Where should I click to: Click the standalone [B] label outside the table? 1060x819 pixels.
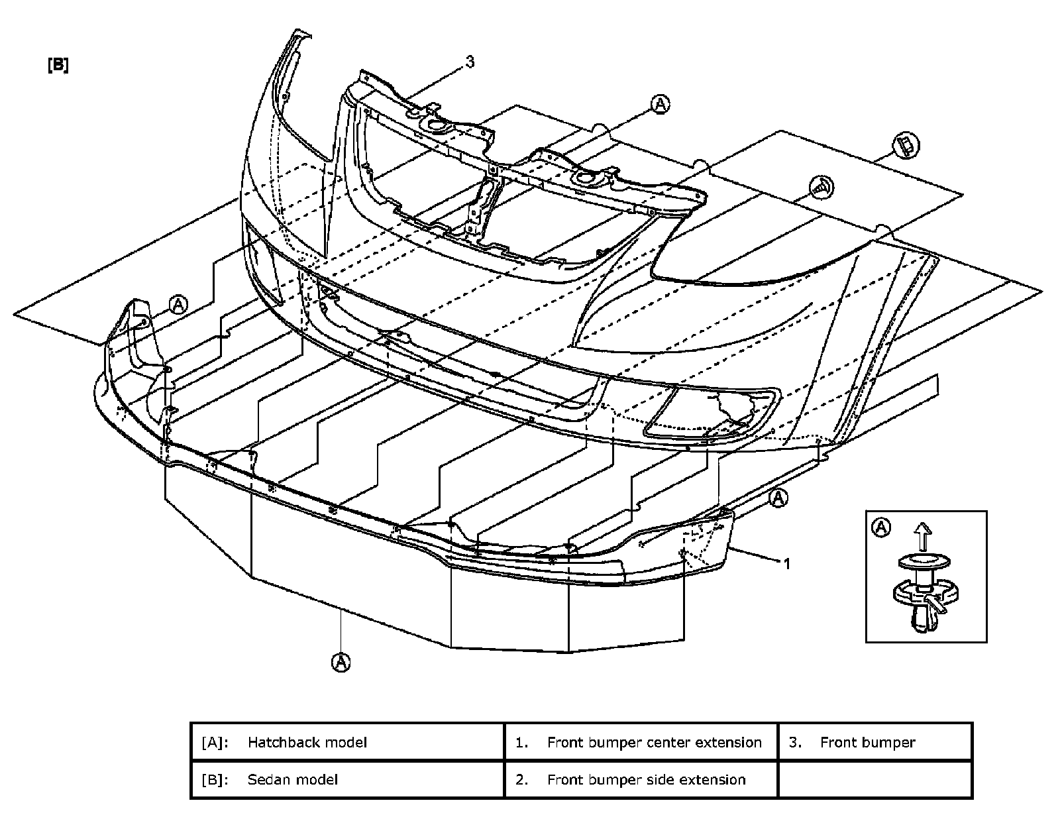coord(58,65)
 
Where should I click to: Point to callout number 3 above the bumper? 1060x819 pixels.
coord(470,62)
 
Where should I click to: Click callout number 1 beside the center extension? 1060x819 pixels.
coord(787,564)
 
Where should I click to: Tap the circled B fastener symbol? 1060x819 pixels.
coord(906,145)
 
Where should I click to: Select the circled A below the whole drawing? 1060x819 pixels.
coord(341,662)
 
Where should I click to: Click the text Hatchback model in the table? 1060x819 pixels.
coord(307,742)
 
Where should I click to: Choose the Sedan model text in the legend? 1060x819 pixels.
coord(292,779)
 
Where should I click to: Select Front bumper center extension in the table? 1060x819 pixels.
coord(654,742)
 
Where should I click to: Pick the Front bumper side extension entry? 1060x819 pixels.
coord(646,779)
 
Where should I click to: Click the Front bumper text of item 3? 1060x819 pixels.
coord(867,742)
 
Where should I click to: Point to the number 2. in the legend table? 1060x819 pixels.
coord(522,779)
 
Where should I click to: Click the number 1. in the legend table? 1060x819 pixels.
coord(522,742)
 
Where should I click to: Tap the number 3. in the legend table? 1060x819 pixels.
coord(796,742)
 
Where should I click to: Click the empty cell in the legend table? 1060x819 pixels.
coord(874,779)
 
